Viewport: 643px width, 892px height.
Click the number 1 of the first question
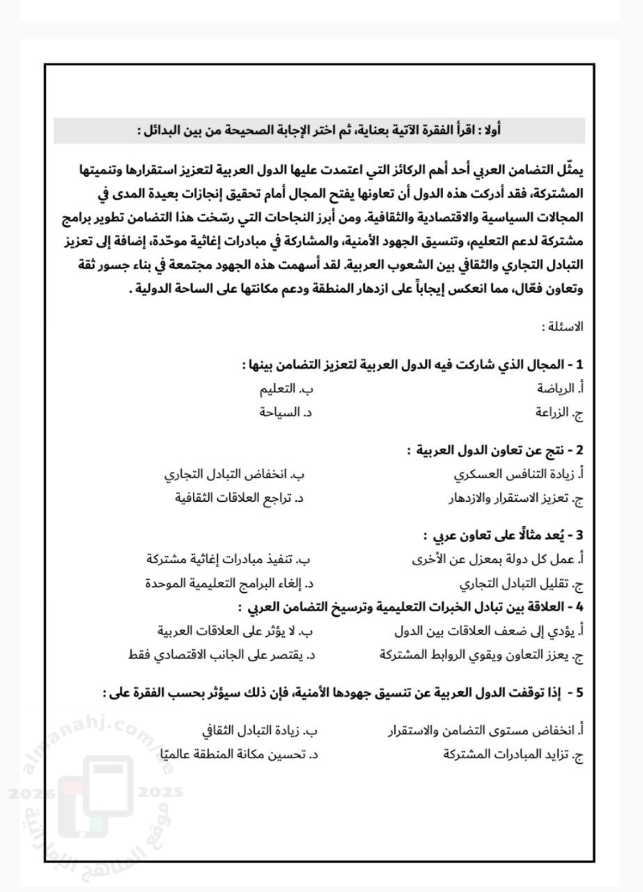pyautogui.click(x=580, y=364)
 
